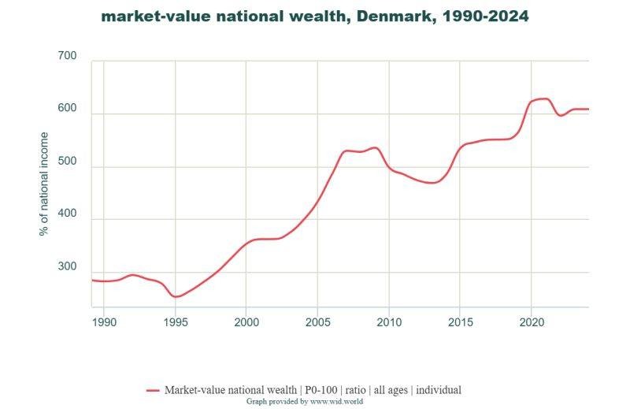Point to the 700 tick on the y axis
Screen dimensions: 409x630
[x=68, y=57]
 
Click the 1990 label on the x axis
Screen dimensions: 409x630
[x=104, y=322]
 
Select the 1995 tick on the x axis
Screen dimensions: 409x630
[x=175, y=322]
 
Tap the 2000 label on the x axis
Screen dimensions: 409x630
[x=246, y=322]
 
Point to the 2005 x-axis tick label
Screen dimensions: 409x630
[x=317, y=322]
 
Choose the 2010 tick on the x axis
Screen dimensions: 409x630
[x=389, y=322]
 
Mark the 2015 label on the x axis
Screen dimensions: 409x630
[x=460, y=322]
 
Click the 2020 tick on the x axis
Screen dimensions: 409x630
[x=532, y=322]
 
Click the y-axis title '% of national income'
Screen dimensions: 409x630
[x=44, y=184]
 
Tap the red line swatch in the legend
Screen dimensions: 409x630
[x=153, y=390]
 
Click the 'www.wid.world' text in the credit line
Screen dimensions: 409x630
[x=332, y=401]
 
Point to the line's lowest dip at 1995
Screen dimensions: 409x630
[x=176, y=297]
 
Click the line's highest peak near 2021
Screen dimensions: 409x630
[x=543, y=99]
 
